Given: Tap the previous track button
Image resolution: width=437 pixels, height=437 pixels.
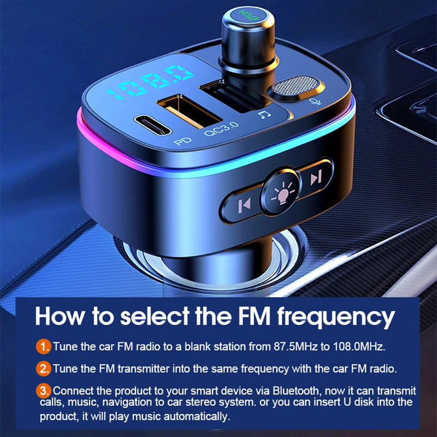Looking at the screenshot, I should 244,205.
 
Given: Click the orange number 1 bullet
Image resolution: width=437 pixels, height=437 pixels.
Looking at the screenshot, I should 44,346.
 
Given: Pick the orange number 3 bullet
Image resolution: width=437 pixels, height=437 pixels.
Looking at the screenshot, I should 44,391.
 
